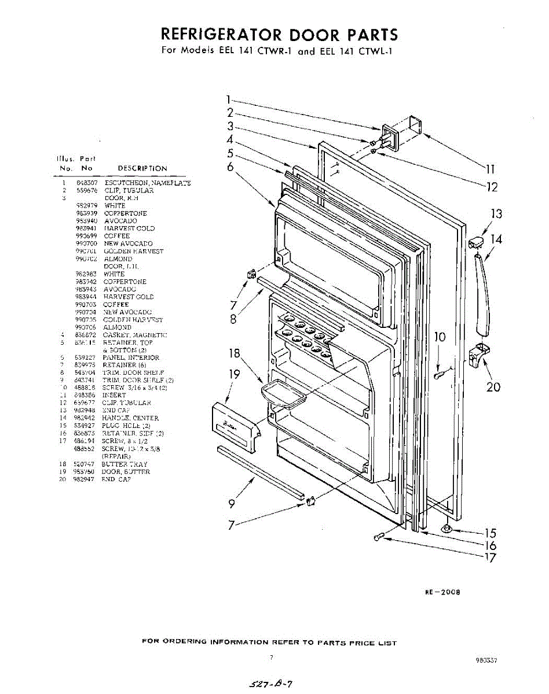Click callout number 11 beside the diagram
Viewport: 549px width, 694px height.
click(490, 169)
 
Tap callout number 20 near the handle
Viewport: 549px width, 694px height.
click(493, 386)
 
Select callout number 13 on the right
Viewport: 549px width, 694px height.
click(496, 214)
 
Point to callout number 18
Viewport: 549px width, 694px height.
click(235, 354)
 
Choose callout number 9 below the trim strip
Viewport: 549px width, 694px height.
click(232, 504)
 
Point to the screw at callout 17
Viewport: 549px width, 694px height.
click(379, 538)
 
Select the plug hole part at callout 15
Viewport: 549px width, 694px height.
click(447, 527)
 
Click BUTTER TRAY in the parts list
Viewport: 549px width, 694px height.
click(125, 464)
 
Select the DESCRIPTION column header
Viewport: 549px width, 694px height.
click(142, 168)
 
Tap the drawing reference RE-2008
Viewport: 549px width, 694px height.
click(442, 592)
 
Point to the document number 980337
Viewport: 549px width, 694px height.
click(486, 659)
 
